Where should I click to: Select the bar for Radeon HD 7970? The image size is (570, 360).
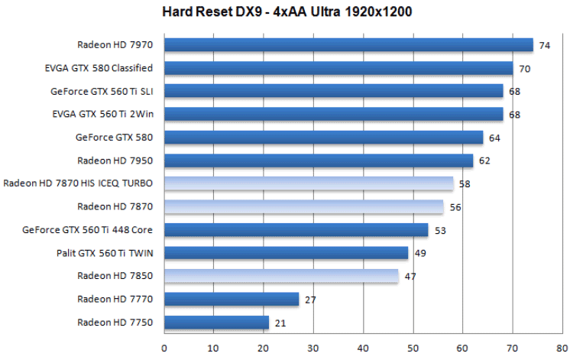[348, 45]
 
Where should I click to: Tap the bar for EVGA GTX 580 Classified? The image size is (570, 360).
[338, 68]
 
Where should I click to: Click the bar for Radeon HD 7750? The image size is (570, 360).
[216, 323]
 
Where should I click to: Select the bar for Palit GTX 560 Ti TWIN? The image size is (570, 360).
[286, 253]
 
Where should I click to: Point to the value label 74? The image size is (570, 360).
[545, 45]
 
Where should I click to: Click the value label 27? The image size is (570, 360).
[310, 300]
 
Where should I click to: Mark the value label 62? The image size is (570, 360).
[484, 161]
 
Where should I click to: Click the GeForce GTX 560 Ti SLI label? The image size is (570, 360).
[102, 91]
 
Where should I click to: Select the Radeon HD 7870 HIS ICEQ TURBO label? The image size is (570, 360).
[79, 183]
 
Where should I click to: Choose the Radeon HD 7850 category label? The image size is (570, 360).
[115, 276]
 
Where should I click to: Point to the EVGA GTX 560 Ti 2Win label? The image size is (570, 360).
[103, 114]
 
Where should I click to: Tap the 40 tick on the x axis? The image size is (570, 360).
[364, 346]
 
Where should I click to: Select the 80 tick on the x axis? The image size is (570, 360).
[562, 346]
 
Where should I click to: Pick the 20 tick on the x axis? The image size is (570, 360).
[264, 346]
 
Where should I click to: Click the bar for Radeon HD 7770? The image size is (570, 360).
[232, 299]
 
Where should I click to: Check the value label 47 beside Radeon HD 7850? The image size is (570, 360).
[410, 276]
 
